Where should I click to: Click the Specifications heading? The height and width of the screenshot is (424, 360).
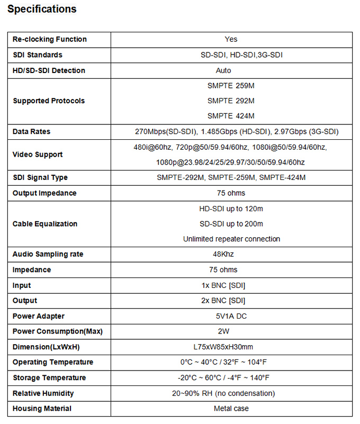coord(42,9)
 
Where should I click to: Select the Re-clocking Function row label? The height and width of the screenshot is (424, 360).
coord(50,39)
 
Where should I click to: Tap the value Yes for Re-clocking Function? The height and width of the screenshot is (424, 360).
coord(231,39)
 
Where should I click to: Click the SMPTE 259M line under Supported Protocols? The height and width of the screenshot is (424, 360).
coord(231,85)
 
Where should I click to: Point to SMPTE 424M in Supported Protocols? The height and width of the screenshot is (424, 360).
coord(231,115)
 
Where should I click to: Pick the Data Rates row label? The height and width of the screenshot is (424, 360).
coord(32,131)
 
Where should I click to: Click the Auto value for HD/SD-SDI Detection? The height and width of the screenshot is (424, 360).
coord(223,70)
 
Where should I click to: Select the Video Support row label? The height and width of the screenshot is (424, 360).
coord(38,155)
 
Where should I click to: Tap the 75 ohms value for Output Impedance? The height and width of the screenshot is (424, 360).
coord(231,193)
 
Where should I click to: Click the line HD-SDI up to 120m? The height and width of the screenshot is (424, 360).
coord(231,209)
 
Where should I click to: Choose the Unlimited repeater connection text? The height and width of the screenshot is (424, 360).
coord(231,239)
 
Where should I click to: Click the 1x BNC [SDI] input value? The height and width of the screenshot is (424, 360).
coord(227,285)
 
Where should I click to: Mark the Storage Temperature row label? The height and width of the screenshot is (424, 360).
coord(49,377)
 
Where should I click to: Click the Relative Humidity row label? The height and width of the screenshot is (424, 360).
coord(43,393)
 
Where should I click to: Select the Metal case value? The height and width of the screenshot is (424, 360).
coord(231,409)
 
